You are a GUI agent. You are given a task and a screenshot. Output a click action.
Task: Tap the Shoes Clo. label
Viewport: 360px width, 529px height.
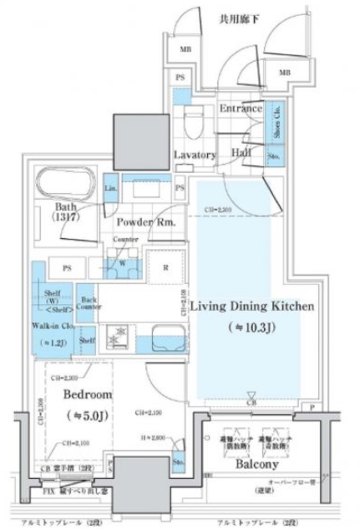(276, 120)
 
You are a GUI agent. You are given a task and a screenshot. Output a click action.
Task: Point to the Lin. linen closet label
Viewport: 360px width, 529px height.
(110, 189)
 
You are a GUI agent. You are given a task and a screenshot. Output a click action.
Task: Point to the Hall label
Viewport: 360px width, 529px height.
(242, 154)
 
